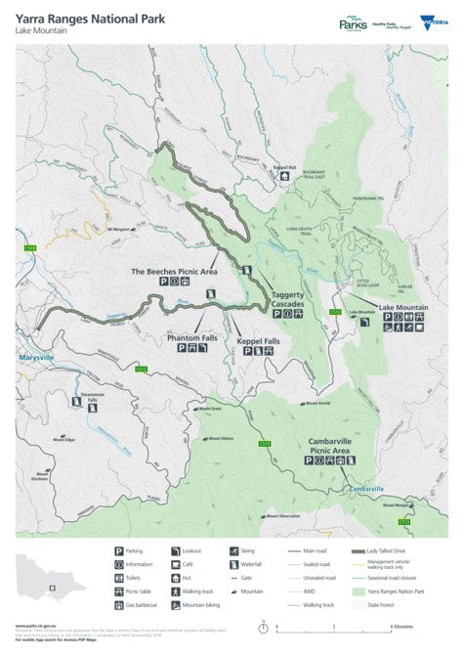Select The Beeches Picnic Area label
coord(174,270)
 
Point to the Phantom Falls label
coord(191,337)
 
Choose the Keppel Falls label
coord(258,341)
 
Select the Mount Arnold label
coord(319,402)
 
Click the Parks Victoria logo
coord(353,22)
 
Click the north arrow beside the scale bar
coord(263,627)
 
